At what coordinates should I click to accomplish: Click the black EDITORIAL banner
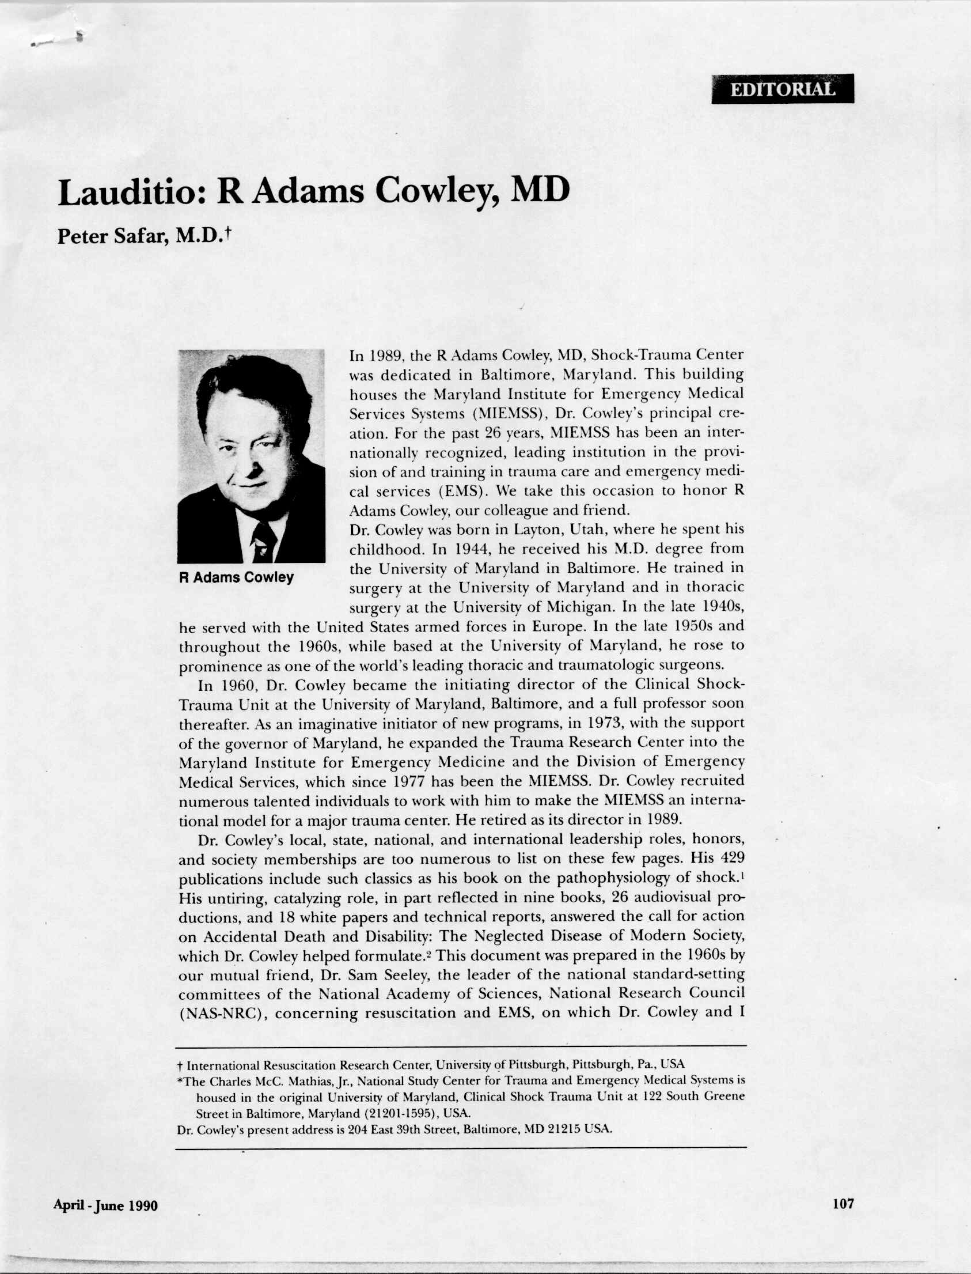[x=782, y=89]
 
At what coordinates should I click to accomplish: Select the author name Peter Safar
[x=113, y=237]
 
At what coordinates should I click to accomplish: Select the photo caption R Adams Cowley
[x=237, y=577]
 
